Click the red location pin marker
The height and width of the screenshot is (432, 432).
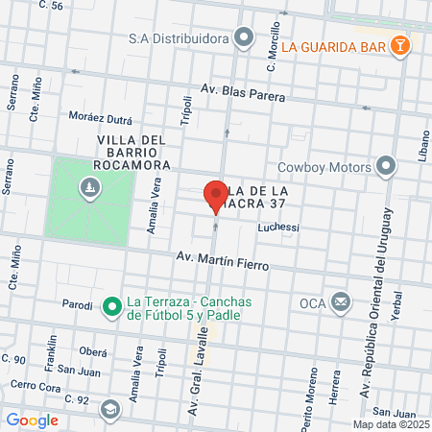tap(214, 195)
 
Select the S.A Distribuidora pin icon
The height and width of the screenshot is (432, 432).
tap(245, 39)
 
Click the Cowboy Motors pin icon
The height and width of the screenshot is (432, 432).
tap(387, 166)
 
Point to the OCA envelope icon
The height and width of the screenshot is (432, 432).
tap(340, 303)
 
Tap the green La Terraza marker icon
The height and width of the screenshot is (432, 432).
tap(111, 307)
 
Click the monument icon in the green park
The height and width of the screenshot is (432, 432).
tap(90, 186)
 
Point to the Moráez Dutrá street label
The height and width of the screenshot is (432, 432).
tap(101, 117)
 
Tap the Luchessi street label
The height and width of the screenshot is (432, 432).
tap(279, 228)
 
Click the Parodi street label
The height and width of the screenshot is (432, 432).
tap(77, 305)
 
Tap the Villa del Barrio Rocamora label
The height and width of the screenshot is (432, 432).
tap(133, 153)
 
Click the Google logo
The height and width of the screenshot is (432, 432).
tap(32, 420)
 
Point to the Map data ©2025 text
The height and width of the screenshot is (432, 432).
tap(390, 424)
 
